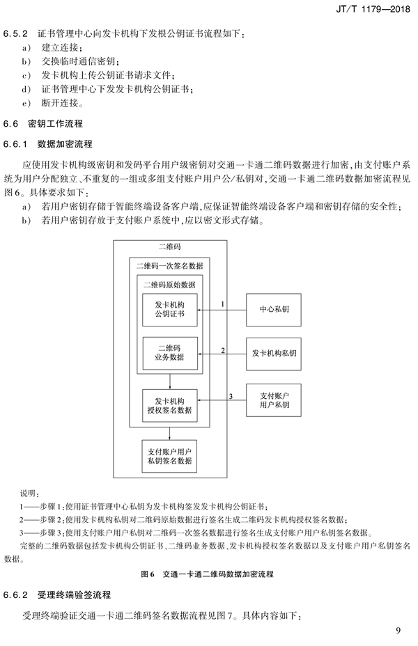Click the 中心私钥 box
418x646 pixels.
point(274,310)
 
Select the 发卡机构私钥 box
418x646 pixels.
point(274,354)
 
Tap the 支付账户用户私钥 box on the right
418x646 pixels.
point(274,400)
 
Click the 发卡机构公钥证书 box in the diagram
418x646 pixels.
point(170,310)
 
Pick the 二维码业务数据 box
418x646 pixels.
point(170,353)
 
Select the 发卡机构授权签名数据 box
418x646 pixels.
point(170,405)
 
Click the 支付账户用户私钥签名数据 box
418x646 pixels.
point(169,456)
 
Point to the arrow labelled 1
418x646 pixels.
point(222,310)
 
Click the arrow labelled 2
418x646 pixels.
point(222,354)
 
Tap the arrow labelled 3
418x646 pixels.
point(222,400)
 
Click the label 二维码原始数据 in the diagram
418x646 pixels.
point(169,285)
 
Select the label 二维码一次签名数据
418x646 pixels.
point(170,266)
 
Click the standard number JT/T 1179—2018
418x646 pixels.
point(373,8)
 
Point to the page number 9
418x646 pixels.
point(398,631)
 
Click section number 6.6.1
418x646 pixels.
point(15,144)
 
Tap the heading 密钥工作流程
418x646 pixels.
point(56,124)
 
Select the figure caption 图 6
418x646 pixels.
point(148,574)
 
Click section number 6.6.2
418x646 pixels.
point(15,595)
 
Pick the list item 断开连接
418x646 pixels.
point(60,103)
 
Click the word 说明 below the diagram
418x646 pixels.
point(29,494)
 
